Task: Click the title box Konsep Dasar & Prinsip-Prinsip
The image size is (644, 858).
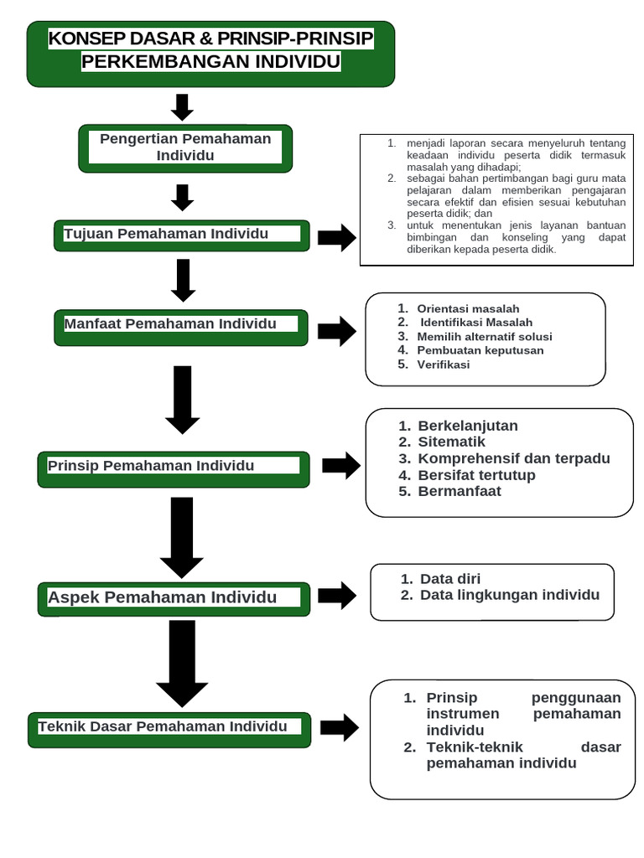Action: pyautogui.click(x=210, y=54)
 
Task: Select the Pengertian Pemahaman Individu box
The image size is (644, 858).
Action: pyautogui.click(x=185, y=148)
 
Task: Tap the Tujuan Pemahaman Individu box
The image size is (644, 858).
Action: pyautogui.click(x=182, y=235)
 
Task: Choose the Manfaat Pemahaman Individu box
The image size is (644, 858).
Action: pyautogui.click(x=182, y=327)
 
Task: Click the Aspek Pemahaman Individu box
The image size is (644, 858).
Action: pyautogui.click(x=174, y=598)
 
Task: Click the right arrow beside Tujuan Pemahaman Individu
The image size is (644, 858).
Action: pyautogui.click(x=336, y=238)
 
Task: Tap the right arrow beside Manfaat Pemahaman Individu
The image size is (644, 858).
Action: pyautogui.click(x=336, y=331)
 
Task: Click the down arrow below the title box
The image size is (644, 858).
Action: pyautogui.click(x=182, y=107)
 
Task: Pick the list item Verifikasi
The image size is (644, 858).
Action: pyautogui.click(x=444, y=364)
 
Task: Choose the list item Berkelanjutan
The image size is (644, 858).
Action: pyautogui.click(x=468, y=426)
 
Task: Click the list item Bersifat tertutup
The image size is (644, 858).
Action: pyautogui.click(x=476, y=475)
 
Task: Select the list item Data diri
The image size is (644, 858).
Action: pyautogui.click(x=450, y=579)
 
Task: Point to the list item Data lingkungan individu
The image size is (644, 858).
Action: pyautogui.click(x=510, y=595)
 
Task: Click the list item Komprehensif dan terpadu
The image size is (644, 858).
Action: pyautogui.click(x=514, y=458)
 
